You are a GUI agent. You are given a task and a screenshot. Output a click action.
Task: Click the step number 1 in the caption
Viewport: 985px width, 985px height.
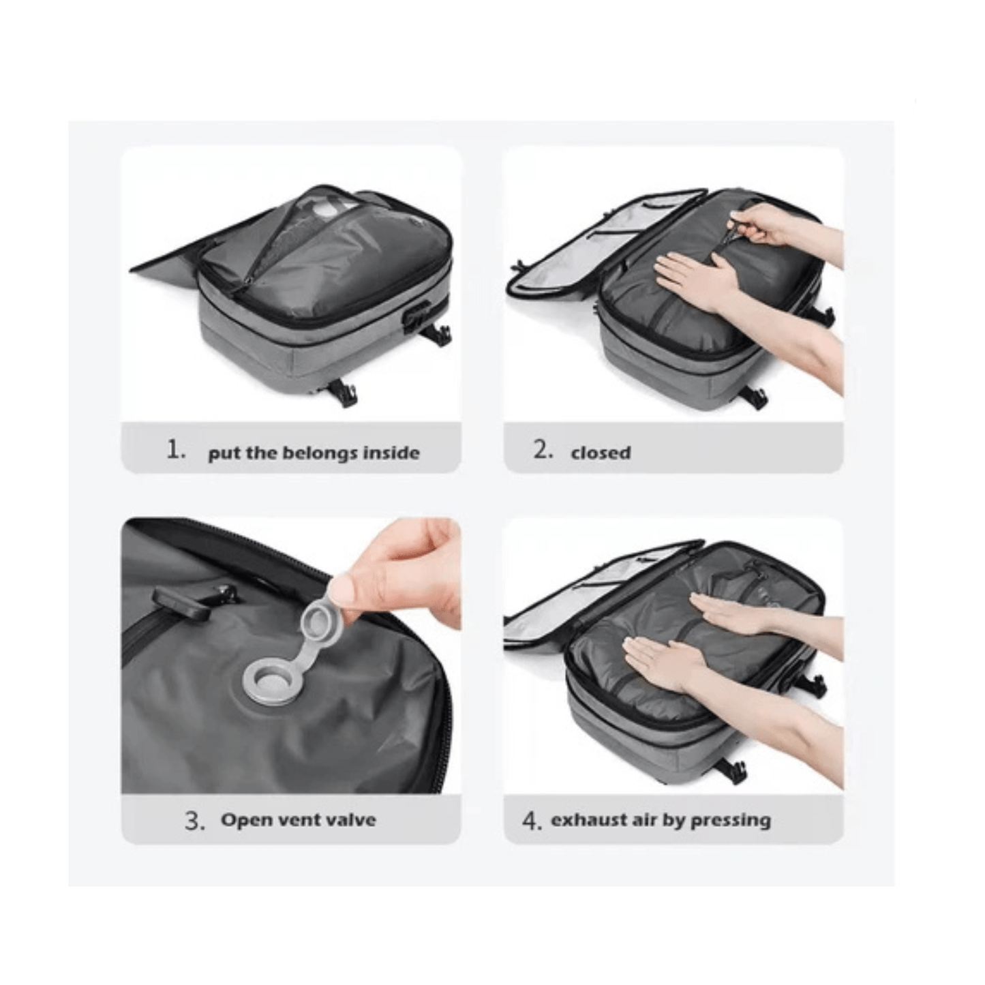pos(176,450)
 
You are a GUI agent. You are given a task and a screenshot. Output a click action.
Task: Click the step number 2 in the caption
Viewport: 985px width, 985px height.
pos(543,450)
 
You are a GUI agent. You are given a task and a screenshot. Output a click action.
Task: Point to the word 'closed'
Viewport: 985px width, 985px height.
pos(601,453)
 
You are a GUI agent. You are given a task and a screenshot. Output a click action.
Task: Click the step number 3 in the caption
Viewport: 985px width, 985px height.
pos(194,821)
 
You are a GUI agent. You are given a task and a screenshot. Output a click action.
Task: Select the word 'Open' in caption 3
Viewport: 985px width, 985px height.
pos(245,820)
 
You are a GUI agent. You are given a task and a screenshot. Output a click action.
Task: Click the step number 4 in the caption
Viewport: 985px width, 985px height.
pos(531,821)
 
